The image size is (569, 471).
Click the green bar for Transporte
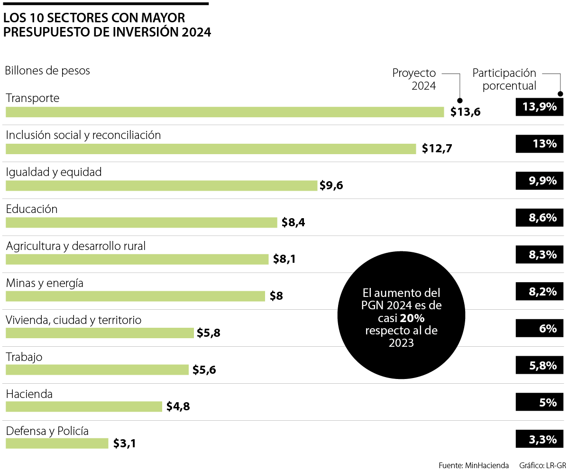225,112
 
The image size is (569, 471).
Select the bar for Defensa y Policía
57,443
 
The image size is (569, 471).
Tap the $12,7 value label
437,148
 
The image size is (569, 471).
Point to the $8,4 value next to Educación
293,222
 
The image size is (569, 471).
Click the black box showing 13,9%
540,107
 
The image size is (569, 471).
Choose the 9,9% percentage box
540,181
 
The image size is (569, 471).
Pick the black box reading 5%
540,402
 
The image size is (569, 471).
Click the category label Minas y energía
45,283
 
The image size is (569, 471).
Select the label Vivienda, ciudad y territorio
73,320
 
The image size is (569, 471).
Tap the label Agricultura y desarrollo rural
76,246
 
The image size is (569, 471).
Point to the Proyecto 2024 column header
414,79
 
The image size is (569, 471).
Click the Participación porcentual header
504,79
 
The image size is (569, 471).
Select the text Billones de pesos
47,71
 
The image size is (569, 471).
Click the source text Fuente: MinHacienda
474,465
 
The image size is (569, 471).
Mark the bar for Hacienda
84,406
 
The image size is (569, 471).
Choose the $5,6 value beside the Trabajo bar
204,370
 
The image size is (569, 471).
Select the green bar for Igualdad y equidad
161,185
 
